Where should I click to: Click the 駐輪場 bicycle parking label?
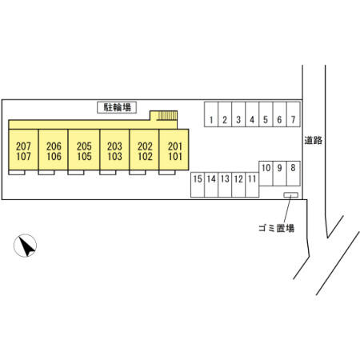coord(117,107)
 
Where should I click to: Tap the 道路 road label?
coord(314,140)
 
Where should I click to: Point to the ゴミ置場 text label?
coord(277,228)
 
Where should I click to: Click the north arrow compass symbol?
coord(25,246)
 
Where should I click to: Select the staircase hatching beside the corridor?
coord(167,116)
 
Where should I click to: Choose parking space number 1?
coord(211,114)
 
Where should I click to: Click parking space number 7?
coord(294,114)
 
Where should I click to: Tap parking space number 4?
coord(252,114)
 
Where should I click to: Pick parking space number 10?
coord(266,174)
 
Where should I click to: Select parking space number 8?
coord(294,174)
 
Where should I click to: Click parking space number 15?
coord(198,185)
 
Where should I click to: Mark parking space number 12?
coord(238,185)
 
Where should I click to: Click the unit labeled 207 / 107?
coord(23,150)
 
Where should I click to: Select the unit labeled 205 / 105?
coord(84,150)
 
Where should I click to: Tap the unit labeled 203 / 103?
coord(114,150)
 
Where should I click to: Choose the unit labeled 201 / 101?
coord(174,150)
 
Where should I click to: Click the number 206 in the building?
coord(54,146)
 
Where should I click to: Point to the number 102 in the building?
coord(145,156)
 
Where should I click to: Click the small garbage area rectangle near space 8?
coord(290,195)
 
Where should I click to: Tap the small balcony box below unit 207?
coord(17,173)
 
